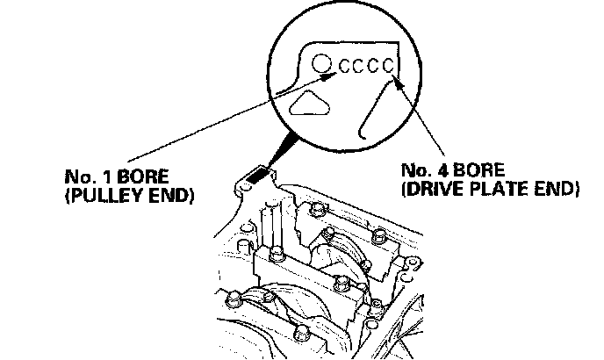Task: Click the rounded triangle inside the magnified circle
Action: coord(307,104)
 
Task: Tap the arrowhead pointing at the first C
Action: coord(328,76)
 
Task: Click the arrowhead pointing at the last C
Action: coord(398,83)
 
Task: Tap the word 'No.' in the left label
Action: coord(79,176)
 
